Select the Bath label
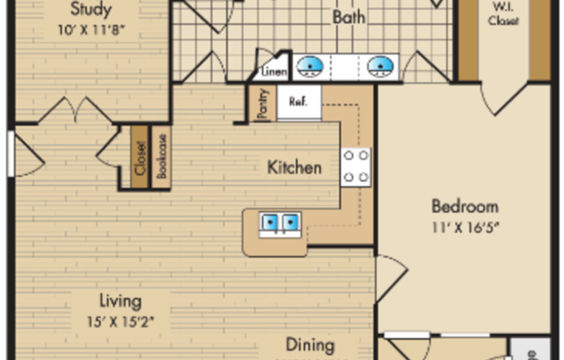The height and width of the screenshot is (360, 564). (x=349, y=17)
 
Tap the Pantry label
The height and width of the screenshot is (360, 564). (x=263, y=104)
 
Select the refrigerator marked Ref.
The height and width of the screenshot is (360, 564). (x=298, y=101)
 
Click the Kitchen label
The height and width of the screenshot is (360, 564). (x=294, y=167)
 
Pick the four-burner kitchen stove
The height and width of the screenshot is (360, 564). (x=356, y=166)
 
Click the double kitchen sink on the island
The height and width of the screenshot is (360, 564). (x=280, y=223)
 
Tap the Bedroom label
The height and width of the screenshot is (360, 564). (x=465, y=206)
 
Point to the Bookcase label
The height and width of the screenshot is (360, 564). (x=161, y=157)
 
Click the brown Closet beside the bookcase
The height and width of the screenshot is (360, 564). (x=140, y=157)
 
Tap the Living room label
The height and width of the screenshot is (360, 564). (x=119, y=301)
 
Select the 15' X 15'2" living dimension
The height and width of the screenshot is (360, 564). (x=119, y=320)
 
